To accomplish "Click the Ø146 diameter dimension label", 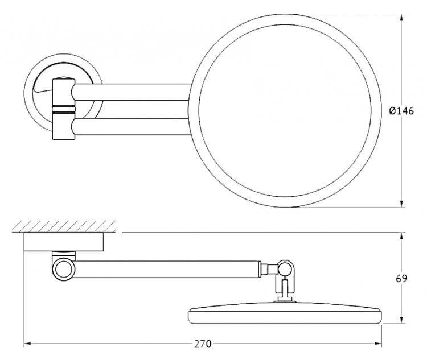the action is click(401, 111).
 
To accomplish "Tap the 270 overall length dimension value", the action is click(203, 344).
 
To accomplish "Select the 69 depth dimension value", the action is click(401, 279).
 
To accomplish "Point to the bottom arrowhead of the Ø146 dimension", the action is click(401, 204).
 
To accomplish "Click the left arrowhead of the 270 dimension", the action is click(28, 344).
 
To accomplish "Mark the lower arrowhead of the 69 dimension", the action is click(401, 320).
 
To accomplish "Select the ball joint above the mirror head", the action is click(284, 268).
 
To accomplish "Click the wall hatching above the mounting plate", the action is click(64, 227).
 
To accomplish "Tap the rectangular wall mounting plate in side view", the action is click(64, 242).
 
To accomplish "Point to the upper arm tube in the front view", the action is click(132, 92).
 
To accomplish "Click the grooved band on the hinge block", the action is click(63, 109).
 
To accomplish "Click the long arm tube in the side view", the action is click(167, 270).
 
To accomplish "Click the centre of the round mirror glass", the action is click(285, 111).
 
